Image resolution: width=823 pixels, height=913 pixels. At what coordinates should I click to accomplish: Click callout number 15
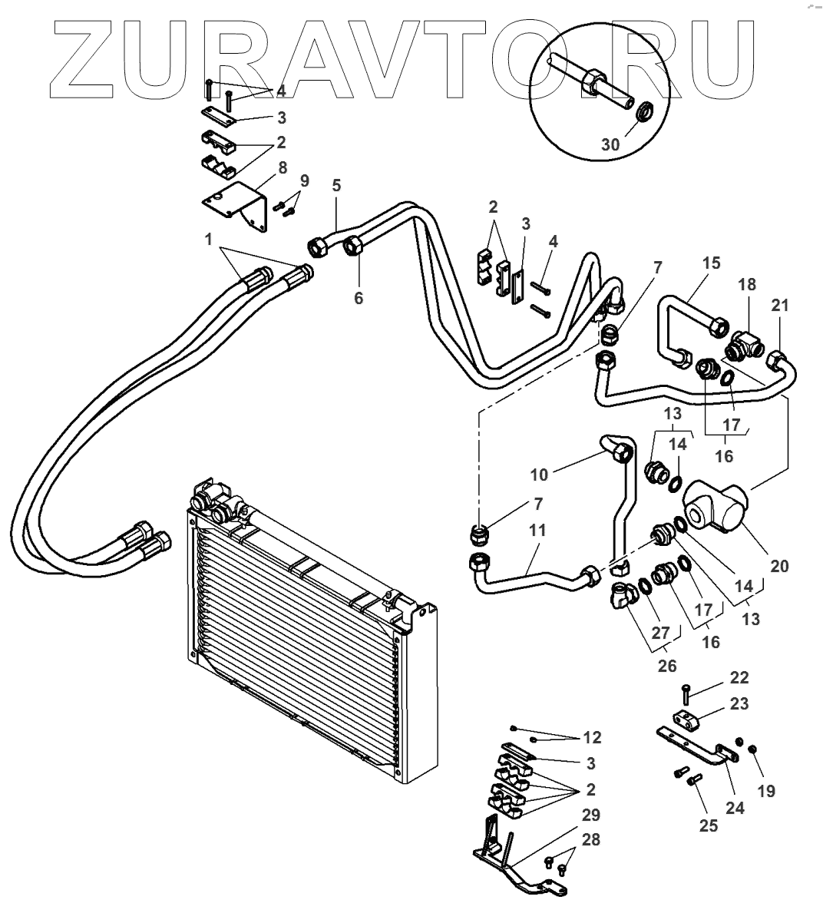tap(711, 263)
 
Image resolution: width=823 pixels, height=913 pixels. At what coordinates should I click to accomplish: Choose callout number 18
tap(748, 284)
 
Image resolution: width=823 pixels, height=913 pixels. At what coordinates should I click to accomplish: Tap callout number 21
tap(781, 305)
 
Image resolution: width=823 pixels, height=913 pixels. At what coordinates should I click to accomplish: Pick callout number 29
tap(591, 815)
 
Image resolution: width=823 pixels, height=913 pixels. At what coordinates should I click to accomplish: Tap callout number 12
tap(591, 737)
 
